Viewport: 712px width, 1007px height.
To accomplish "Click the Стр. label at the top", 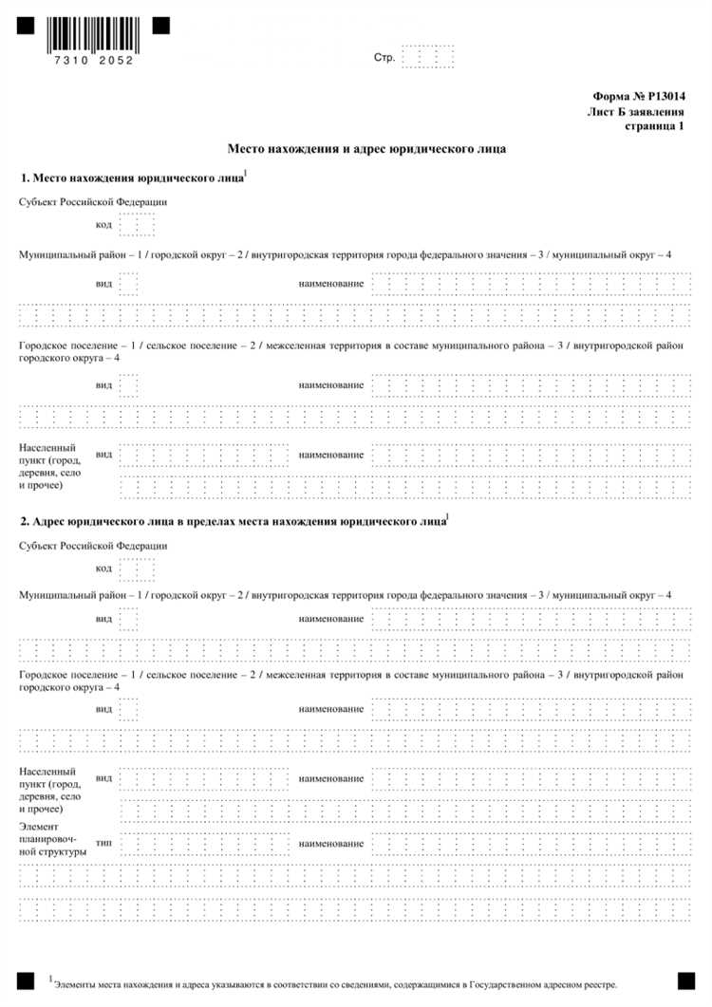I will (x=384, y=58).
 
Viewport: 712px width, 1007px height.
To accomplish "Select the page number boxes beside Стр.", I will (x=427, y=57).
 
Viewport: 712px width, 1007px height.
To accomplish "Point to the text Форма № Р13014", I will (x=638, y=97).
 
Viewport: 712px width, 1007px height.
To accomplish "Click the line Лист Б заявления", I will (x=636, y=112).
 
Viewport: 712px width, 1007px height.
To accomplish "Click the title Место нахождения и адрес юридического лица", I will (x=366, y=149).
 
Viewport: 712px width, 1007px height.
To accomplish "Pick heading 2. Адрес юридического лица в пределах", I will (x=233, y=521).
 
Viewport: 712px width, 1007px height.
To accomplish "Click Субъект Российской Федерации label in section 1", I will (x=93, y=201).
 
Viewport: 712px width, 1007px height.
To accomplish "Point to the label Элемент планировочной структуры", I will (x=53, y=839).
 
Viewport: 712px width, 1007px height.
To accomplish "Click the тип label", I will (x=104, y=843).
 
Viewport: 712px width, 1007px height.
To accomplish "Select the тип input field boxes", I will (x=203, y=843).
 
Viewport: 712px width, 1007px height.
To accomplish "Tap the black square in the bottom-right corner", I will (x=685, y=979).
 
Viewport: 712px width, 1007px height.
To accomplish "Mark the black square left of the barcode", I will (x=25, y=26).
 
